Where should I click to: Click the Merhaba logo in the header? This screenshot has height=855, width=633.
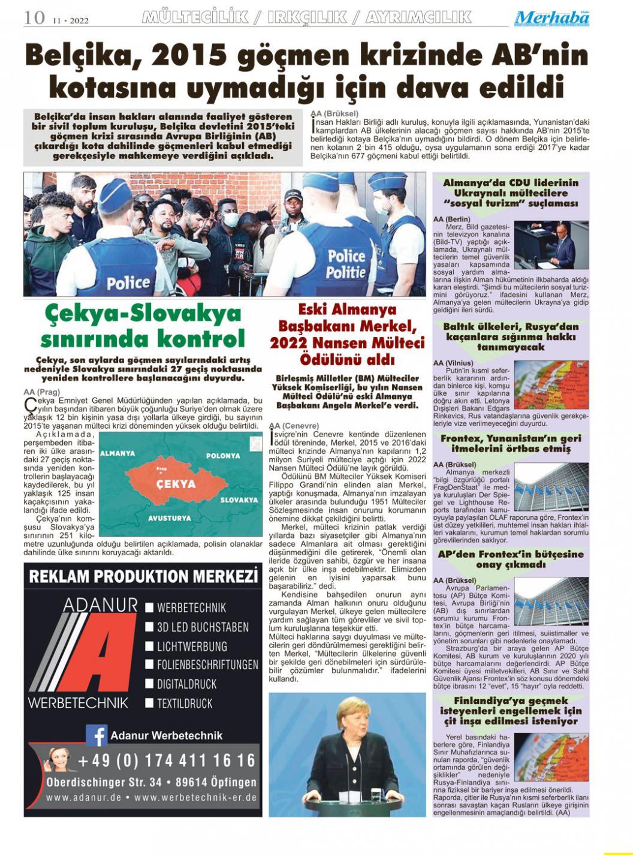(x=551, y=18)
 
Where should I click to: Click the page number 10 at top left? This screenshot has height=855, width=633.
(x=34, y=17)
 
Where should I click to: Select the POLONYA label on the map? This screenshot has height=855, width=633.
(x=223, y=456)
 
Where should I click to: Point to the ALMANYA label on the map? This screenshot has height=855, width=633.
(x=117, y=453)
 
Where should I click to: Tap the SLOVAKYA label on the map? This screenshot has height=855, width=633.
(x=239, y=499)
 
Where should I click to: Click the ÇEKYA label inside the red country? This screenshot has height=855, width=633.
(x=176, y=484)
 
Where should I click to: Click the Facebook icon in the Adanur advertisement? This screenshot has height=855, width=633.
(x=96, y=735)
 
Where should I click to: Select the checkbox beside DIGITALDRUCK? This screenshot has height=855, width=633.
(x=150, y=684)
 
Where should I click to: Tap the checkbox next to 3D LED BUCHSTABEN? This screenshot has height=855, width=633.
(x=150, y=627)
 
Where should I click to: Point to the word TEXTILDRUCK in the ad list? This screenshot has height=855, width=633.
(x=185, y=703)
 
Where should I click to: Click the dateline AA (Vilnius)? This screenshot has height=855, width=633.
(x=453, y=363)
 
